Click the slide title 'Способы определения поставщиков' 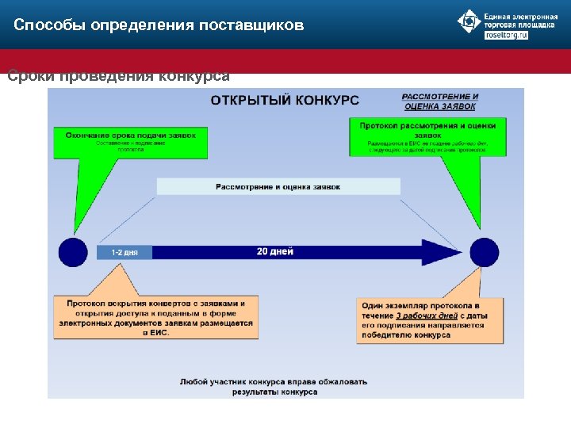159,25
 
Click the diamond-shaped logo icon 469,22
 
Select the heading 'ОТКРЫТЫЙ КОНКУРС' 284,101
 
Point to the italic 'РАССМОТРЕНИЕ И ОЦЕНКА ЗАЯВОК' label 440,101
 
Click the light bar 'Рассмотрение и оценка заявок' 278,187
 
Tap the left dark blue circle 73,252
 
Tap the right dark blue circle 484,252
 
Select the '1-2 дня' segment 125,252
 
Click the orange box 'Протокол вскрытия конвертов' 156,317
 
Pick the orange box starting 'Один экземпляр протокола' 429,319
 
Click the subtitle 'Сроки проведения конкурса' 118,77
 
